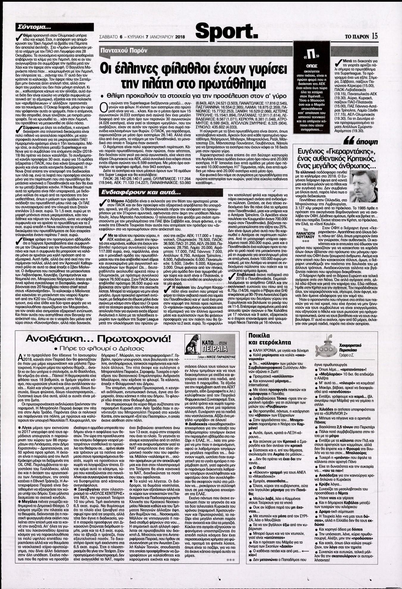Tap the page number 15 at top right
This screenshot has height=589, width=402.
tap(374, 36)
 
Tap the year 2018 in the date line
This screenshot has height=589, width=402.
tap(180, 37)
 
